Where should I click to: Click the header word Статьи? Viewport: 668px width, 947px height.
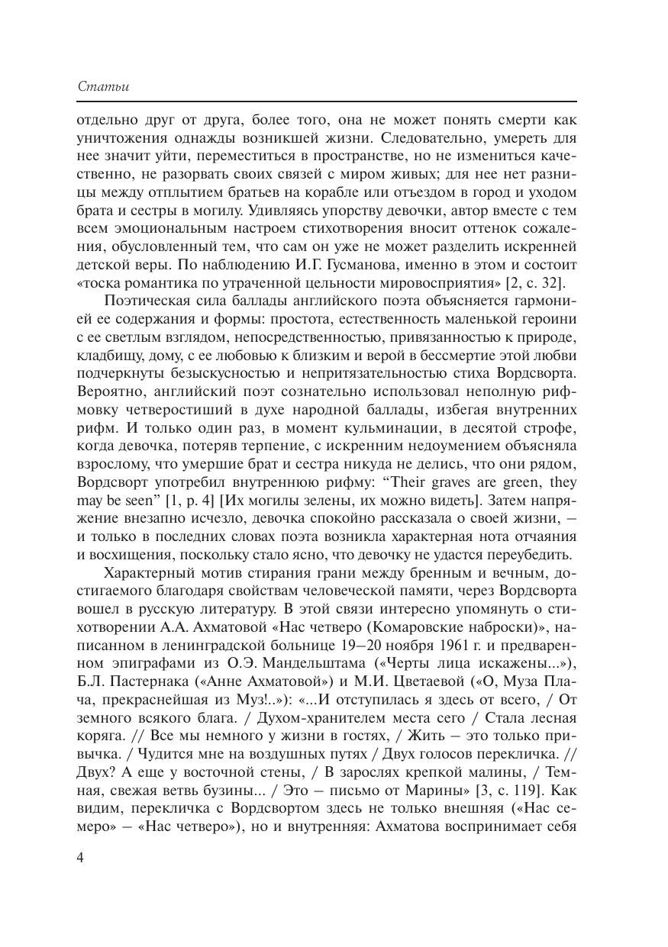(x=103, y=86)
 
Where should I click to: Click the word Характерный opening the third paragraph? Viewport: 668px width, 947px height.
(x=149, y=572)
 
